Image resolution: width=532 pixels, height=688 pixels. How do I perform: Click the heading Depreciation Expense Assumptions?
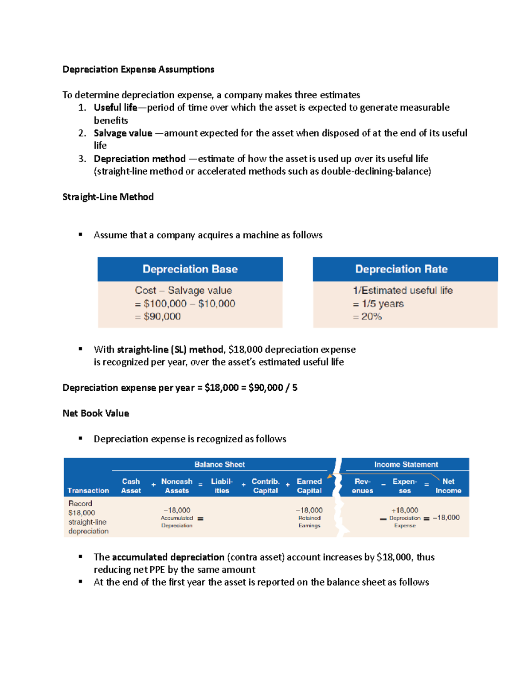point(138,69)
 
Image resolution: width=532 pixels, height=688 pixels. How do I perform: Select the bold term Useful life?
point(115,108)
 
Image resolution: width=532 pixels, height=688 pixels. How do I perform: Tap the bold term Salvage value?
point(123,133)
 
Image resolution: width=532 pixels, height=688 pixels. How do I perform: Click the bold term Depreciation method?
point(140,159)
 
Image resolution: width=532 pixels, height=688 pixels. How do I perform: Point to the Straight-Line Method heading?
point(108,197)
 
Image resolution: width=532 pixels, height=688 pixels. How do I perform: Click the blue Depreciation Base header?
point(190,269)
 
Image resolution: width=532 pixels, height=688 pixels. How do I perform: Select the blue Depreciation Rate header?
point(401,269)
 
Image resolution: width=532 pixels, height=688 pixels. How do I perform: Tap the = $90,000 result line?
point(158,316)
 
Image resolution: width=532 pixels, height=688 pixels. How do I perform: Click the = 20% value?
point(368,316)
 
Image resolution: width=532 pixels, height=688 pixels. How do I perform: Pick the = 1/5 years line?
point(379,303)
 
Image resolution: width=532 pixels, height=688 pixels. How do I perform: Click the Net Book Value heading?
point(96,413)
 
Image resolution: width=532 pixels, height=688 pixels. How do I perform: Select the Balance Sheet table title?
point(219,464)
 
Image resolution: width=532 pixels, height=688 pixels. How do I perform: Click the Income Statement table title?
point(406,464)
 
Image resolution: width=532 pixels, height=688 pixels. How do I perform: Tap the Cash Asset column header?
point(131,486)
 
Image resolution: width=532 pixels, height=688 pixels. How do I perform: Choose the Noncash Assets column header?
point(177,486)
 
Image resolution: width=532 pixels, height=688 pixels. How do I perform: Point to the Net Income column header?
point(448,486)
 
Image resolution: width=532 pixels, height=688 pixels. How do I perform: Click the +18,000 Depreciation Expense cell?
point(404,517)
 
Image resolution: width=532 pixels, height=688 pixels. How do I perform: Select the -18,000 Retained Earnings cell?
point(309,517)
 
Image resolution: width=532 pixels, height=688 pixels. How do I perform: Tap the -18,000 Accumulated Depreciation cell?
point(177,517)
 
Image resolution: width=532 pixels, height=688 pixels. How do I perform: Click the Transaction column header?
point(88,490)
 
